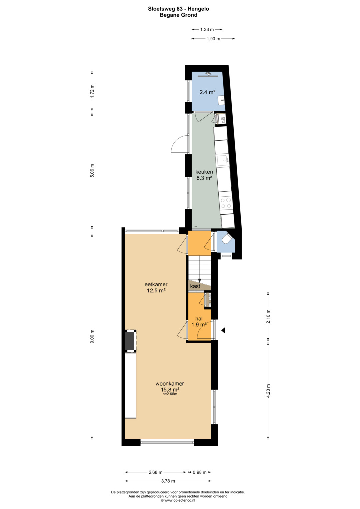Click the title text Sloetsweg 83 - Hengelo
click(x=178, y=9)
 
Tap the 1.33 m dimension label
click(x=207, y=29)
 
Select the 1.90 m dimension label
click(x=213, y=39)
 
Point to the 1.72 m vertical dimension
click(x=92, y=91)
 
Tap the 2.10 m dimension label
click(x=268, y=317)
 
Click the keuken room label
click(x=204, y=172)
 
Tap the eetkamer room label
click(x=156, y=284)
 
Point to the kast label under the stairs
click(x=195, y=286)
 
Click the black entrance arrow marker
click(x=223, y=330)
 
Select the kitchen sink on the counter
click(x=223, y=161)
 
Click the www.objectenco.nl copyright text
click(x=178, y=500)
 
